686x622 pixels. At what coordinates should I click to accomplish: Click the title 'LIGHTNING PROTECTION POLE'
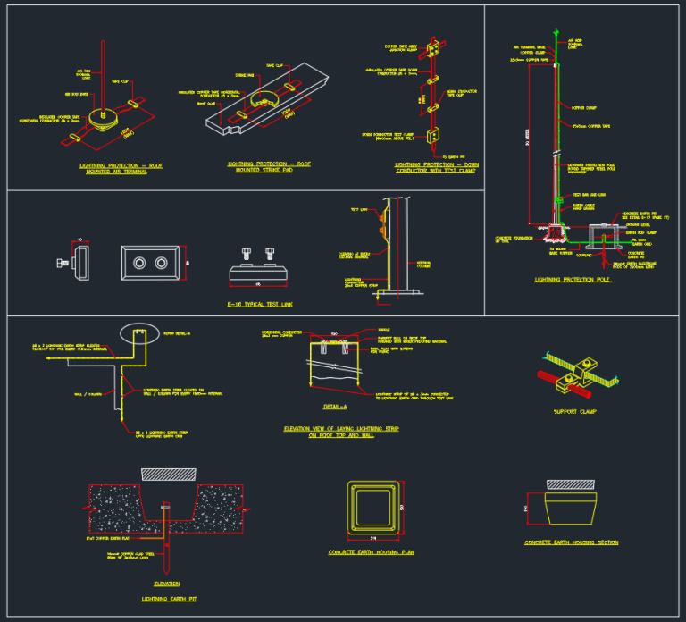[573, 280]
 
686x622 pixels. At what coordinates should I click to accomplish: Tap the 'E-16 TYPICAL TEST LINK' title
[260, 305]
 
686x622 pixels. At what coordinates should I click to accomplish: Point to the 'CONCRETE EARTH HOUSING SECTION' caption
[571, 542]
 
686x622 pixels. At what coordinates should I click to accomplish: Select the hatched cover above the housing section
[570, 483]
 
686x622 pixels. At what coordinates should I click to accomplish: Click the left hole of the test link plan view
[140, 264]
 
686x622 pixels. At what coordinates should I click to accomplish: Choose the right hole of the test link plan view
[161, 264]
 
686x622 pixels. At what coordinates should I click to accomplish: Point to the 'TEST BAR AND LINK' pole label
[589, 194]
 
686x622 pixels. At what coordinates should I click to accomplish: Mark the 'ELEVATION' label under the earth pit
[166, 584]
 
